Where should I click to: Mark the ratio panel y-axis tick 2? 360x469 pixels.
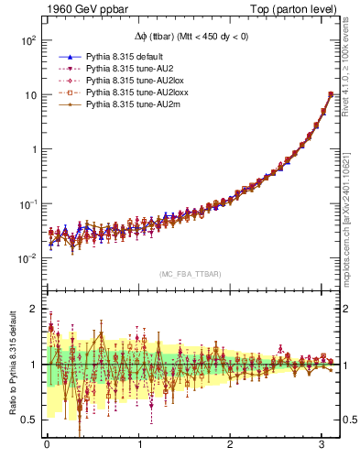point(33,309)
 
